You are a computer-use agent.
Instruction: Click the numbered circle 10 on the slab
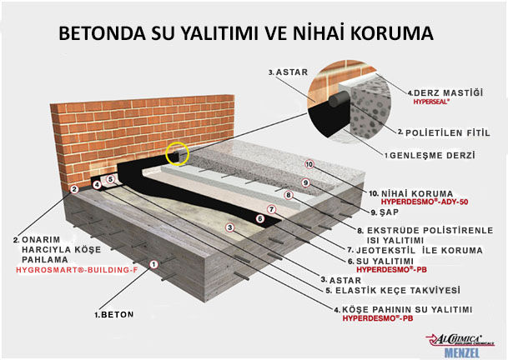click(309, 164)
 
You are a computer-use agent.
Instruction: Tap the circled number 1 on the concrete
click(153, 264)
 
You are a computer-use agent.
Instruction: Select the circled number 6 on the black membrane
click(259, 219)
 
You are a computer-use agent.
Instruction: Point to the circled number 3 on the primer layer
click(229, 227)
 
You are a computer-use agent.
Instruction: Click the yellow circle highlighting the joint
click(177, 153)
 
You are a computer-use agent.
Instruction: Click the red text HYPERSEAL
click(431, 102)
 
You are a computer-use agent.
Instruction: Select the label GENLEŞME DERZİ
click(432, 155)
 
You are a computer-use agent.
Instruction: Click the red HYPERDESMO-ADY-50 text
click(425, 202)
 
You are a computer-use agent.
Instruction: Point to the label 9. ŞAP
click(385, 212)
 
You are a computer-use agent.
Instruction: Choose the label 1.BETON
click(113, 315)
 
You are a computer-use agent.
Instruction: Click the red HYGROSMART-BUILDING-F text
click(77, 270)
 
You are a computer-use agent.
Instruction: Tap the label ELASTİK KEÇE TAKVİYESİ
click(393, 290)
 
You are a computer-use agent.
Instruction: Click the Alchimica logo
click(460, 340)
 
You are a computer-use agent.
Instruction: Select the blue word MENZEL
click(462, 352)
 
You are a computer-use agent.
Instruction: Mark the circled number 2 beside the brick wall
click(74, 189)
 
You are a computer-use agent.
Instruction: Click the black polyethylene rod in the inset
click(338, 98)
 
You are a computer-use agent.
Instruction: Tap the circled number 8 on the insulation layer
click(288, 195)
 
